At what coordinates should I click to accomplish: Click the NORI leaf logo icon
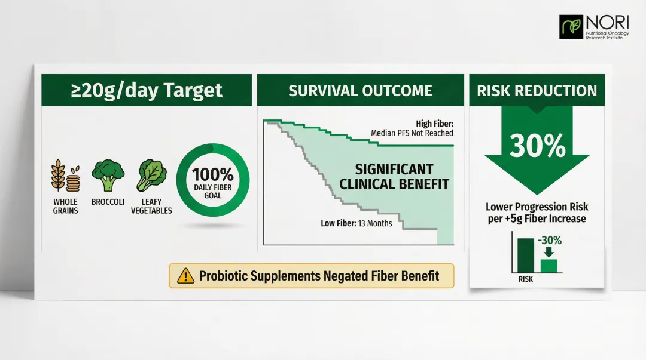coord(571,27)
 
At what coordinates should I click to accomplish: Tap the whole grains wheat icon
coord(65,175)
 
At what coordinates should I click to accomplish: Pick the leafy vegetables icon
coord(152,175)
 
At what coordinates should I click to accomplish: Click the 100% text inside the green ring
coord(213,175)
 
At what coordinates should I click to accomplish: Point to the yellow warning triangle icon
coord(186,276)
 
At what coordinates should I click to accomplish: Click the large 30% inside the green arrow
coord(537,146)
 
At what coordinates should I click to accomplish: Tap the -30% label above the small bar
coord(549,241)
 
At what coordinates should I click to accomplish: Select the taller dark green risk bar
coord(525,256)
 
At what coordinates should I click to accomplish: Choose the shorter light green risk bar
coord(549,266)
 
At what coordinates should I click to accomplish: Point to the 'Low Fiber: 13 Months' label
coord(356,223)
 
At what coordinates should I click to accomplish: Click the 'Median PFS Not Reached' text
coord(412,133)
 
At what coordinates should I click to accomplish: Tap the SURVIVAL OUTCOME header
coord(360,91)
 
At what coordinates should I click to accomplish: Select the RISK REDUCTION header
coord(537,91)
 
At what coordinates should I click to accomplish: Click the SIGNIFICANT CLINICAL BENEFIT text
coord(394,177)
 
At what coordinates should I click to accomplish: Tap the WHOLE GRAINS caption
coord(65,207)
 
